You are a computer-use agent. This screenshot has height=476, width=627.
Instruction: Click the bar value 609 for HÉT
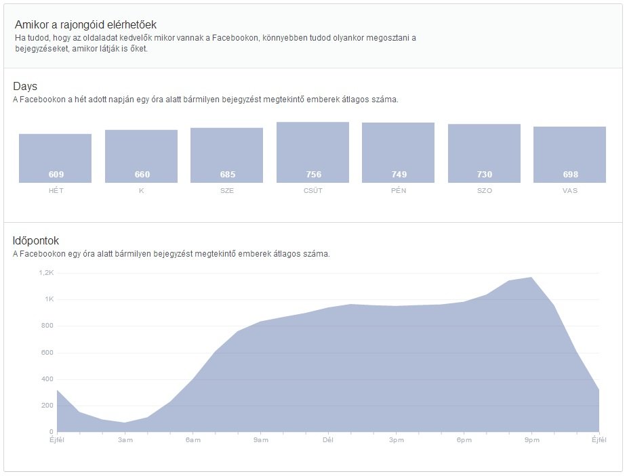[56, 175]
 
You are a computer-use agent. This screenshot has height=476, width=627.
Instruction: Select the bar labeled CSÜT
[312, 152]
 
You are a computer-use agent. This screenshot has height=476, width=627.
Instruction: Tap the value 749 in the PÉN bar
[399, 175]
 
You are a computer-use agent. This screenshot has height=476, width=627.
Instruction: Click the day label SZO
[484, 191]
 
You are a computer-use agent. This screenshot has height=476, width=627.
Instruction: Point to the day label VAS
[569, 191]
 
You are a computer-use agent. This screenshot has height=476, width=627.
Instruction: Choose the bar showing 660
[141, 156]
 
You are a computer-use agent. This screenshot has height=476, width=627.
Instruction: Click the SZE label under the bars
[227, 191]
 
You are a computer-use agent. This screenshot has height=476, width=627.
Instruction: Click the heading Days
[25, 87]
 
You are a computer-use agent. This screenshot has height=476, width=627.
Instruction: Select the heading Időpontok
[36, 240]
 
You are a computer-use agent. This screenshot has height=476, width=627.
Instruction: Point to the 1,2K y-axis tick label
[45, 273]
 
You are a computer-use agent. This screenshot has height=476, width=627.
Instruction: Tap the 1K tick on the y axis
[49, 299]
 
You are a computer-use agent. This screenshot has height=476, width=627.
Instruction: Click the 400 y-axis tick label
[47, 379]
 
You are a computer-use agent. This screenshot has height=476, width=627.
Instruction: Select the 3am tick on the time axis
[125, 440]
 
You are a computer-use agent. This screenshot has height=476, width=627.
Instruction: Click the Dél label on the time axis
[328, 440]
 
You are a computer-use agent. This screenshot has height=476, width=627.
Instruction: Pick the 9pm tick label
[531, 440]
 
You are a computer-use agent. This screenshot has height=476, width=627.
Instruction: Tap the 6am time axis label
[193, 440]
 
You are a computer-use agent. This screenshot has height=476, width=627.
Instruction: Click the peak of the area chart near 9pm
[531, 278]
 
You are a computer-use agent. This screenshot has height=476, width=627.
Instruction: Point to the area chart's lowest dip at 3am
[125, 423]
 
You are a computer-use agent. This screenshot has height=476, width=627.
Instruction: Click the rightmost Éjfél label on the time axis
[599, 440]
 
